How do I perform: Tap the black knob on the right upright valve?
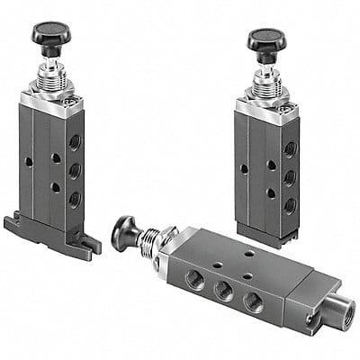tap(266, 40)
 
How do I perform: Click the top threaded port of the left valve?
tap(74, 141)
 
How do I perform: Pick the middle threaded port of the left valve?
tap(74, 169)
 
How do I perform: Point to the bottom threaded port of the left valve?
tap(74, 198)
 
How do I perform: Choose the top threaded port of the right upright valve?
tap(290, 147)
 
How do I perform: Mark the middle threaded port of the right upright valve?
tap(290, 176)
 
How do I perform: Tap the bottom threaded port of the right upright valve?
tap(290, 205)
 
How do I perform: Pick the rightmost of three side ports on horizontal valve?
tap(255, 302)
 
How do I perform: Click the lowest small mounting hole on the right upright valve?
tap(270, 193)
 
